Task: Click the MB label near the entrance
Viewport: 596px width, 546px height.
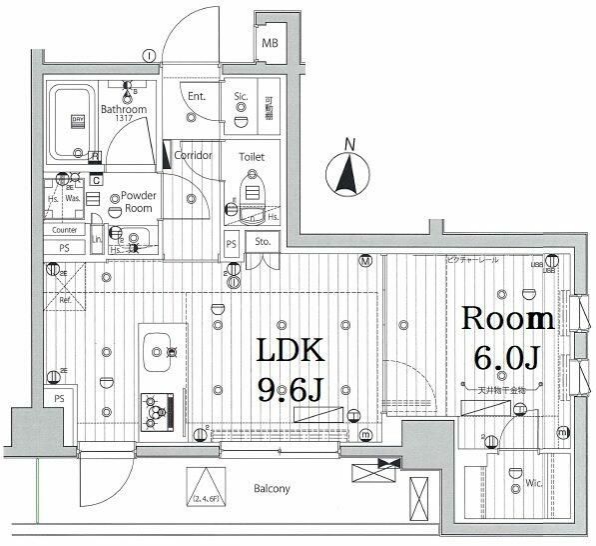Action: (x=270, y=44)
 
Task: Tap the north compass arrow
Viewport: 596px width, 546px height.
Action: (x=348, y=175)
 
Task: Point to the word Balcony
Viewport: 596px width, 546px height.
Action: (x=270, y=489)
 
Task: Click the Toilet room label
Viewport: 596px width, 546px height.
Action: (x=251, y=157)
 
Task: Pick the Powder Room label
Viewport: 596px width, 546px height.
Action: (x=131, y=202)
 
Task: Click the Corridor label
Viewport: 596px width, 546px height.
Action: (x=192, y=156)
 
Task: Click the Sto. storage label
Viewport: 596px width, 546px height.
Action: (x=263, y=241)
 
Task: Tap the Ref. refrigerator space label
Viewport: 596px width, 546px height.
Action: (x=65, y=299)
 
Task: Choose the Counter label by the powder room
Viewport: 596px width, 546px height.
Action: (x=65, y=230)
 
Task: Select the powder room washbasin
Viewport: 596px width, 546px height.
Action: (x=135, y=238)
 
